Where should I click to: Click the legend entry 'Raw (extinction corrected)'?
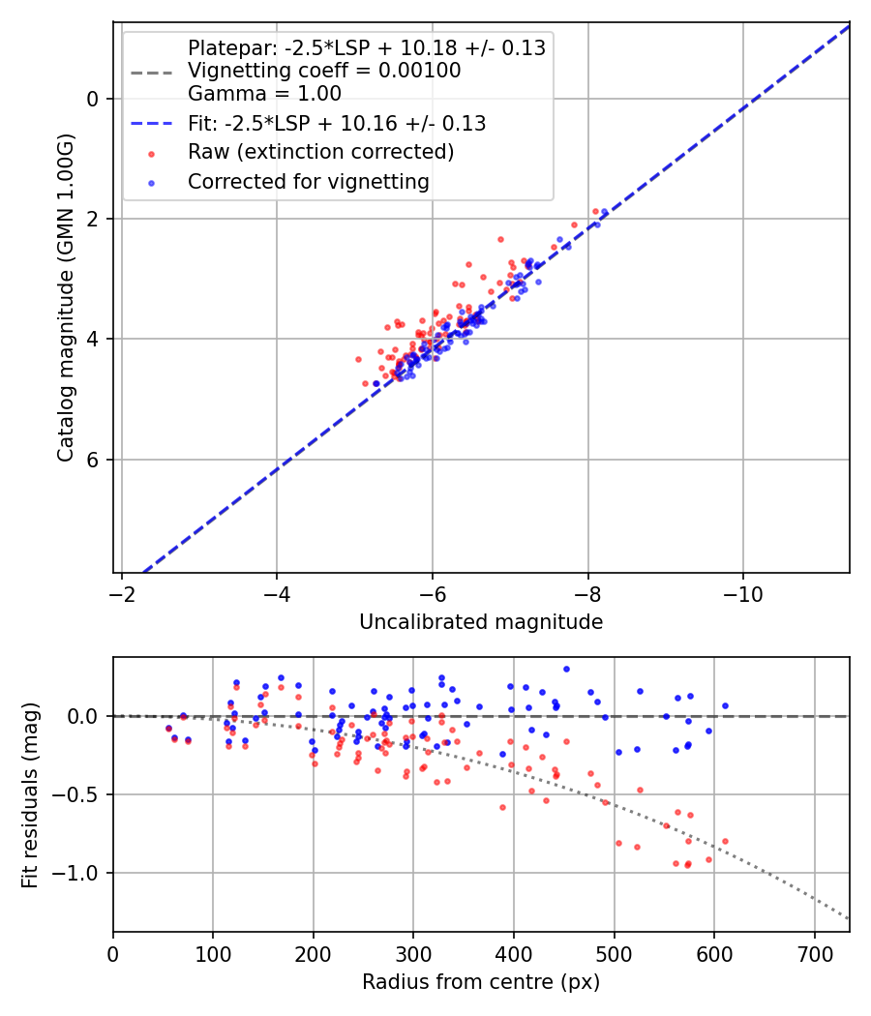pyautogui.click(x=320, y=152)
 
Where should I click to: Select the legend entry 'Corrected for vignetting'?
pyautogui.click(x=308, y=181)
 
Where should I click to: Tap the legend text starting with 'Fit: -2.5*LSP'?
pyautogui.click(x=336, y=123)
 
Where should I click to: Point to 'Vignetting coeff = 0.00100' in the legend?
pyautogui.click(x=324, y=71)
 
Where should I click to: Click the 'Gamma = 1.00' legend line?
pyautogui.click(x=264, y=94)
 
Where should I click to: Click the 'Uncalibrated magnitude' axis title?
pyautogui.click(x=481, y=622)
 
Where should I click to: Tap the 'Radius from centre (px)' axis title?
pyautogui.click(x=481, y=982)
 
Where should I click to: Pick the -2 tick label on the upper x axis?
pyautogui.click(x=122, y=590)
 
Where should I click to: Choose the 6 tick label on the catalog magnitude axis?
pyautogui.click(x=92, y=460)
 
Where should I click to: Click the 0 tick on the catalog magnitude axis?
pyautogui.click(x=92, y=99)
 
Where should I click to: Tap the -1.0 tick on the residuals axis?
pyautogui.click(x=81, y=874)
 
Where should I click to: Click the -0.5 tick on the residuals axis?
pyautogui.click(x=81, y=795)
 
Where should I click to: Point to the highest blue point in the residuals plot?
pyautogui.click(x=566, y=669)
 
